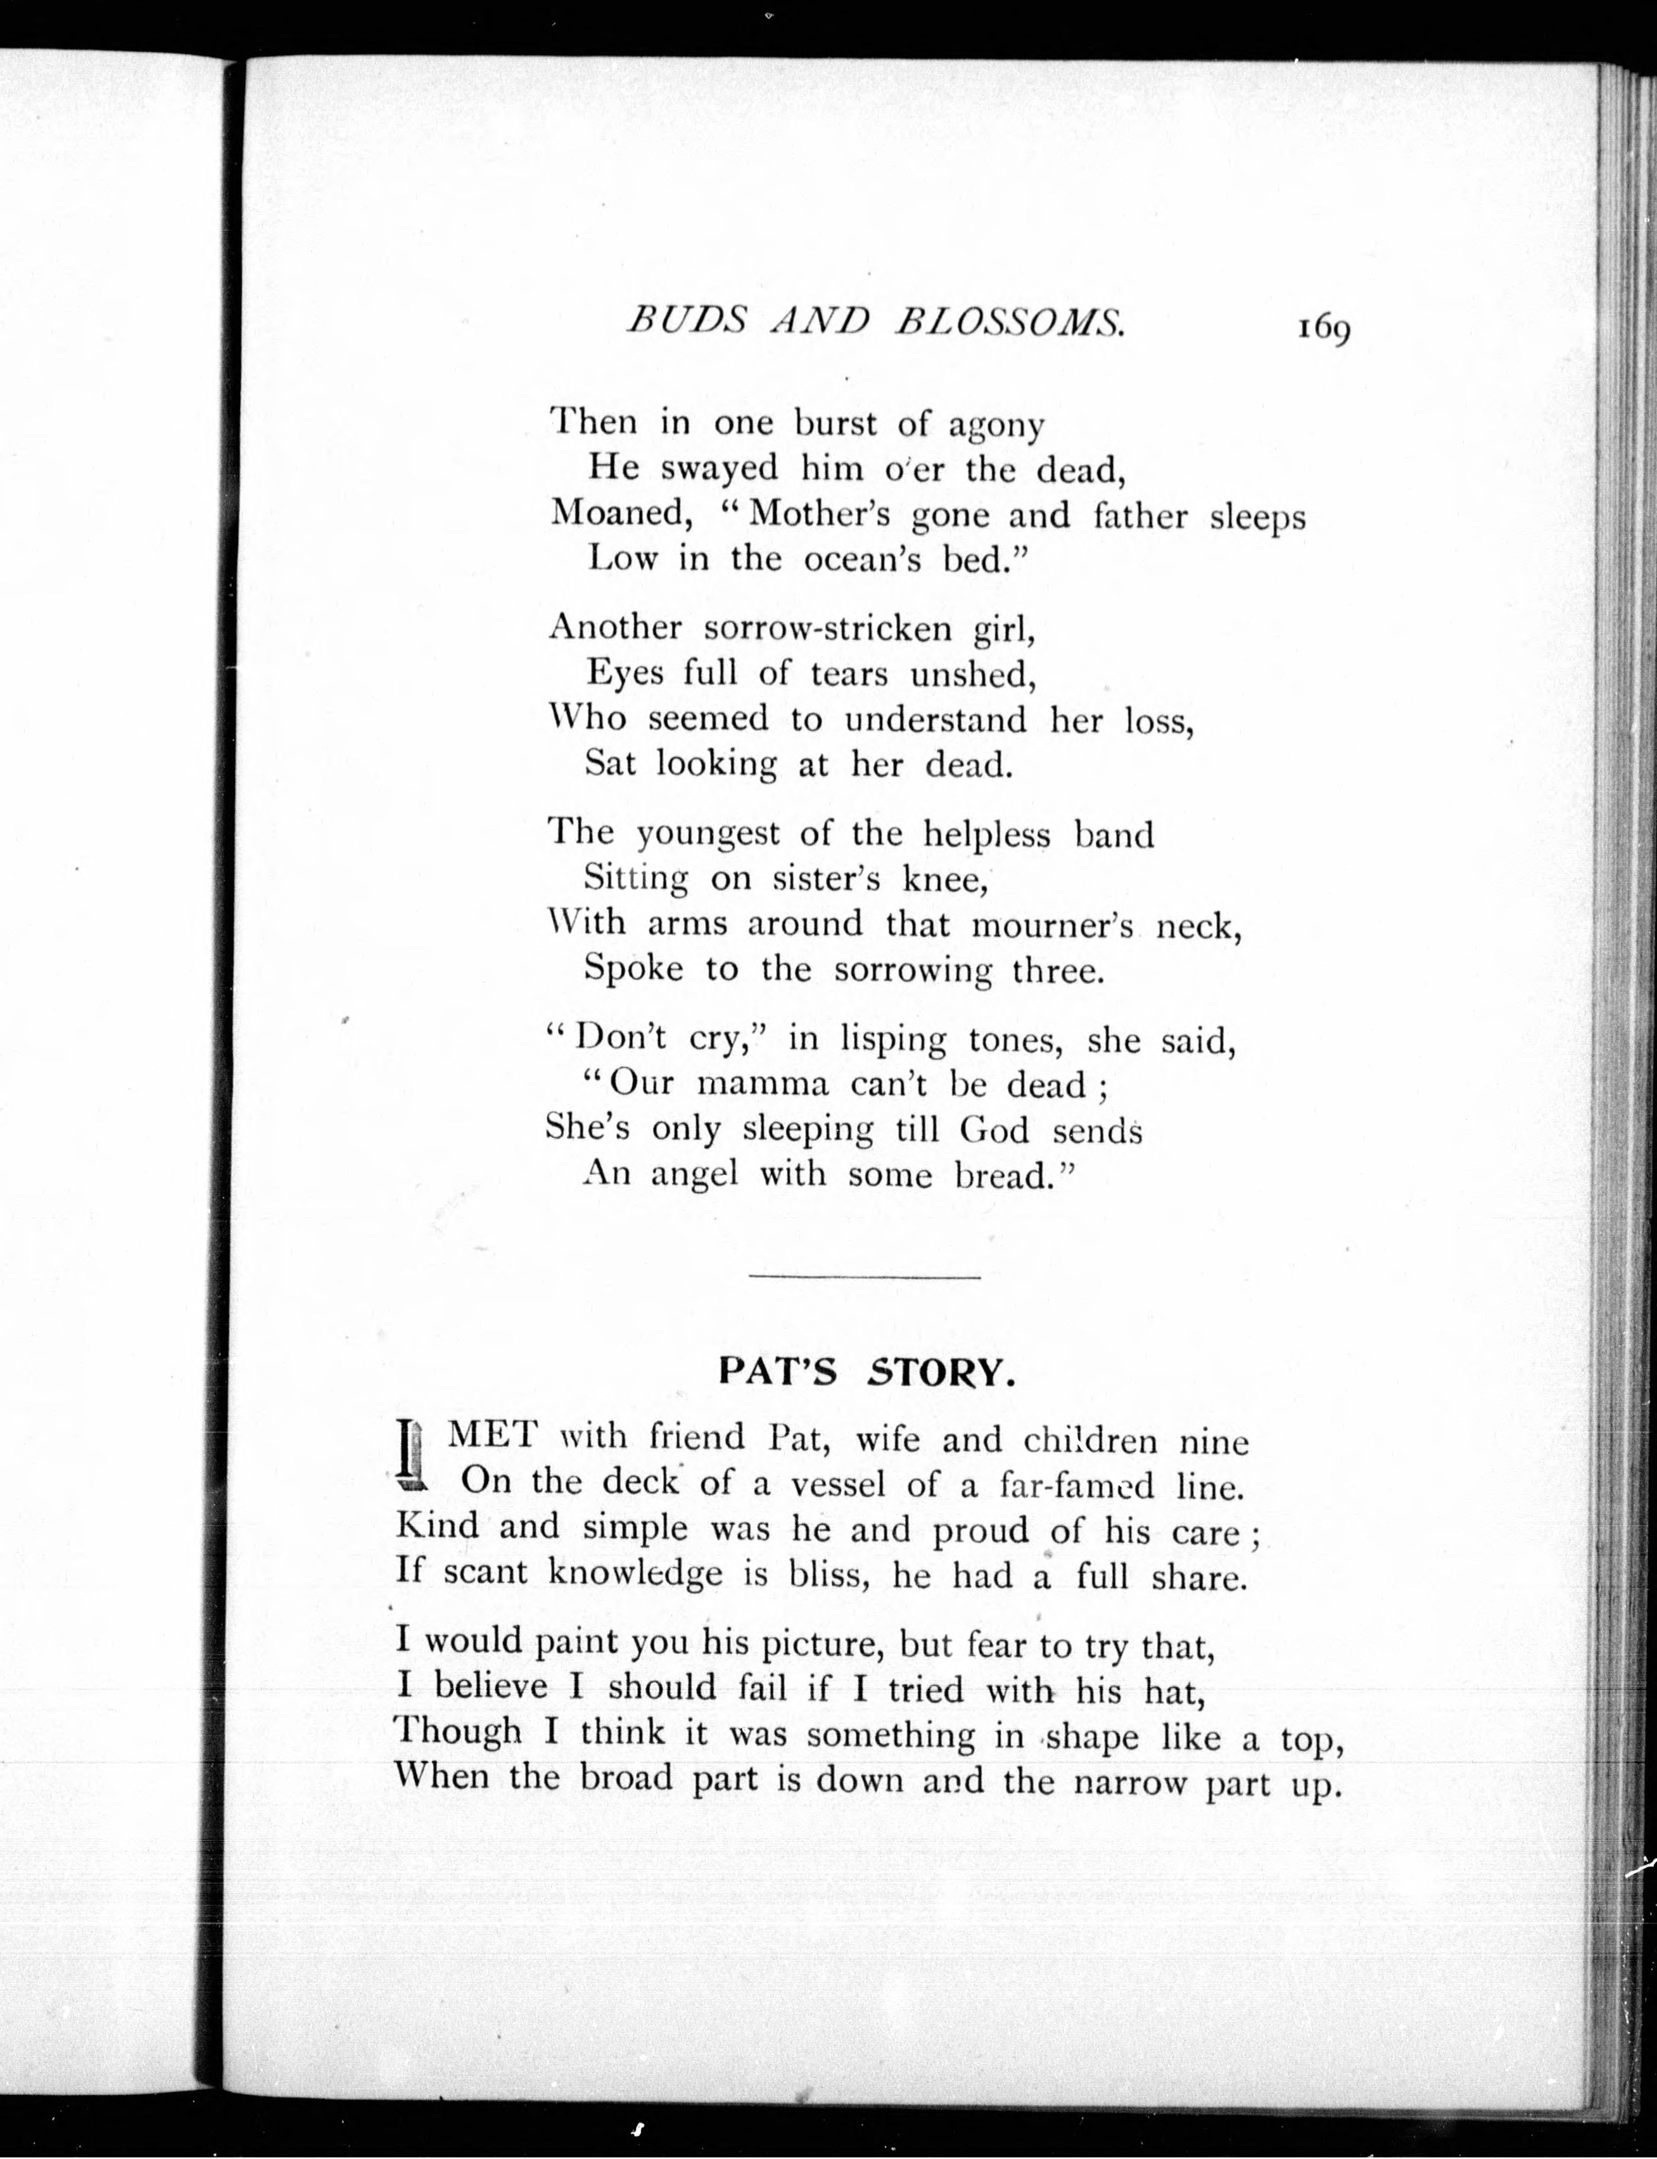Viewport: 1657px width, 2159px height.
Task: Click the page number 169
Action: (x=1323, y=328)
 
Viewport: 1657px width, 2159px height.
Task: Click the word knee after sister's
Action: (x=945, y=878)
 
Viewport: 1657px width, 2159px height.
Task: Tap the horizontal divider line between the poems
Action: (x=864, y=1278)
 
